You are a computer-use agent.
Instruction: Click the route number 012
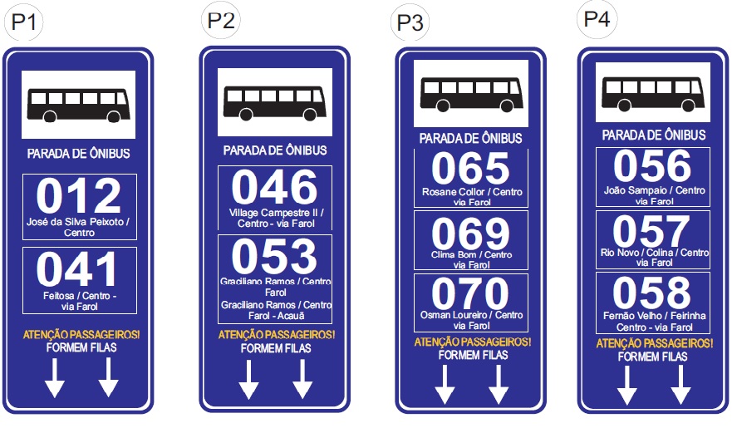tap(79, 197)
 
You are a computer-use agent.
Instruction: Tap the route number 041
tap(79, 271)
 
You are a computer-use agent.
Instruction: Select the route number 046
tap(274, 188)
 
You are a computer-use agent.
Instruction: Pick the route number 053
tap(274, 257)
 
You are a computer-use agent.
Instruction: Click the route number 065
tap(470, 169)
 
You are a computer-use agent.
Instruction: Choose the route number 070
tap(470, 294)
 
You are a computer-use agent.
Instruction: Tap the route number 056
tap(652, 167)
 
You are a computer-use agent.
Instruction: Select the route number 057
tap(652, 231)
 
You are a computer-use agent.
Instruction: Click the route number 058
tap(652, 293)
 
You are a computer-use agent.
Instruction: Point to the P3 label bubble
tap(410, 22)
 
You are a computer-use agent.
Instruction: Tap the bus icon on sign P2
tap(274, 103)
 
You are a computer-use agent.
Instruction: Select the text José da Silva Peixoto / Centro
tap(79, 227)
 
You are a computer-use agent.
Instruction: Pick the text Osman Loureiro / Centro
tap(470, 315)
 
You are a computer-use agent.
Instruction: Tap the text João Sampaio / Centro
tap(653, 190)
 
